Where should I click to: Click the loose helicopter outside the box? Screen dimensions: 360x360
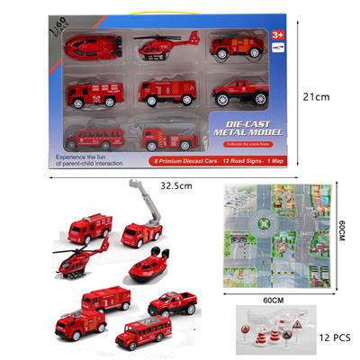tap(83, 258)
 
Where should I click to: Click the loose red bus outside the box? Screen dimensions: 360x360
tap(142, 335)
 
